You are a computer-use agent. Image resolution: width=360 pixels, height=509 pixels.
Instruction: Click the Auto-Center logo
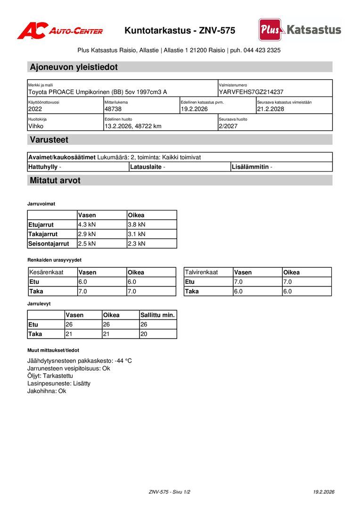(x=60, y=31)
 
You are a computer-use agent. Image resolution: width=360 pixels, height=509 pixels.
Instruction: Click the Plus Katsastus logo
(x=300, y=30)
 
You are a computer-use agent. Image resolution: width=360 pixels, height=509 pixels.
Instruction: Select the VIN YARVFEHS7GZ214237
(x=251, y=92)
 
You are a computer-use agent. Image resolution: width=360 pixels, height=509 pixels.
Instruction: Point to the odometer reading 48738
(x=113, y=109)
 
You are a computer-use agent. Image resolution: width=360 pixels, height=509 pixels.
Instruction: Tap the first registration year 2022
(x=35, y=109)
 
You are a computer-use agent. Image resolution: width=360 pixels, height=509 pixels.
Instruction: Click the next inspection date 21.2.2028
(x=270, y=109)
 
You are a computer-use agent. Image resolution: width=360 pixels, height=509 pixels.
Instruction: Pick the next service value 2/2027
(x=228, y=126)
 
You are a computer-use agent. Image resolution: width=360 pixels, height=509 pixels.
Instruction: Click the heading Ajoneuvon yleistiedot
(x=74, y=67)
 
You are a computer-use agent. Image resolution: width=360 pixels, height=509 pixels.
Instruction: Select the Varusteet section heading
(x=49, y=140)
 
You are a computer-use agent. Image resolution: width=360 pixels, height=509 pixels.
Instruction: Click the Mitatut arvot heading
(x=55, y=181)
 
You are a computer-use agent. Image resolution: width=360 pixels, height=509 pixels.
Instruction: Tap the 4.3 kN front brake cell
(x=87, y=225)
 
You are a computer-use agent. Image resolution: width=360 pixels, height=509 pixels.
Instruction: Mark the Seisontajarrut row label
(x=49, y=244)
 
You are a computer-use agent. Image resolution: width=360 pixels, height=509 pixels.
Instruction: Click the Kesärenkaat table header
(x=46, y=272)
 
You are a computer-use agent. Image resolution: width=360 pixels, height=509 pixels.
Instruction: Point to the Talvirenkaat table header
(x=201, y=272)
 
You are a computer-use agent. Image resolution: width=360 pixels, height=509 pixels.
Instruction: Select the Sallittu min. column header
(x=157, y=315)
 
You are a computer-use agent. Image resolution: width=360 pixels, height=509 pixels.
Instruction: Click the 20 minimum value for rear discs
(x=144, y=334)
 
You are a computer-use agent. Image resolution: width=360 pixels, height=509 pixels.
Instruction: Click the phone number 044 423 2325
(x=262, y=50)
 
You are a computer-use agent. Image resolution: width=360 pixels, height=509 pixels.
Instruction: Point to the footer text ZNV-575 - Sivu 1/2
(x=170, y=492)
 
